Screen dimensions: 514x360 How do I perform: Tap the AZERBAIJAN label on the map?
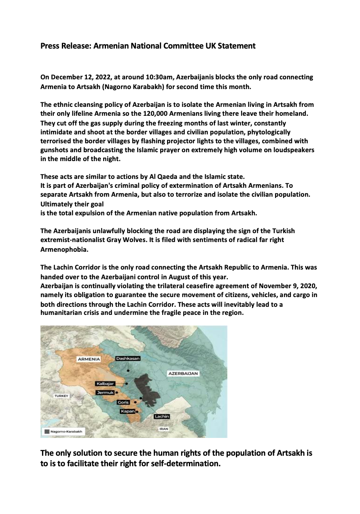pos(183,374)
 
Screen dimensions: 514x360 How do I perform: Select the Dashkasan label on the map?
pos(128,358)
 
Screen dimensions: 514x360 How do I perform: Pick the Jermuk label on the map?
pos(104,393)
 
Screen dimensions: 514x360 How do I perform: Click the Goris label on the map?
pos(123,402)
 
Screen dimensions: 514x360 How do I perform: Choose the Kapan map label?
pos(127,411)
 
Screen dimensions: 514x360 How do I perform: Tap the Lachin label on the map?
pos(162,416)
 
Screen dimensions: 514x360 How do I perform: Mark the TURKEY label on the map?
pos(61,396)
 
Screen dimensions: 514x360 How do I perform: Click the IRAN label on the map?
pos(163,429)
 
